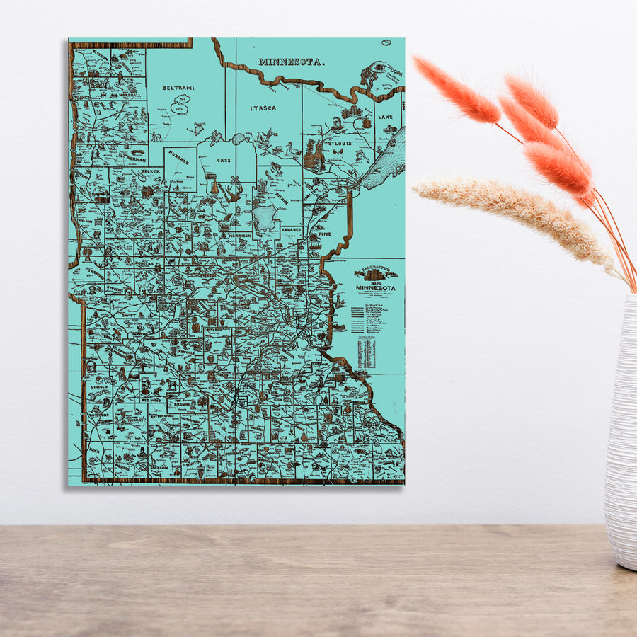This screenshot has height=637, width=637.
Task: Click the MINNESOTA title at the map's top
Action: tap(292, 62)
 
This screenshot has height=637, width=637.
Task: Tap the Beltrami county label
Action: tap(178, 88)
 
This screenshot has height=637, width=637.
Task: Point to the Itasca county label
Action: tap(263, 108)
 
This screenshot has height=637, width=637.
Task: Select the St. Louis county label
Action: tap(340, 144)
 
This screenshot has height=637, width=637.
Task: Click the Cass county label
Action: tap(224, 161)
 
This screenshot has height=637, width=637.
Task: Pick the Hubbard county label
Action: tap(179, 160)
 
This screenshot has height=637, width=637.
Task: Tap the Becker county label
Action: tap(151, 171)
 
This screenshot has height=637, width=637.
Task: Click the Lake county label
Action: tap(385, 117)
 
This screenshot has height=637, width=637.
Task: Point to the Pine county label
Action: tap(324, 233)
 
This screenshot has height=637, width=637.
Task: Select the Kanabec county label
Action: tap(291, 229)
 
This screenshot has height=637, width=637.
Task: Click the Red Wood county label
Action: tap(155, 400)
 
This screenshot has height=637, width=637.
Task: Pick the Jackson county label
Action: tap(159, 467)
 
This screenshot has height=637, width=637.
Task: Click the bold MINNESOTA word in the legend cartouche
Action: tap(376, 288)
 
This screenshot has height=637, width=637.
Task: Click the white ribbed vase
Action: tap(621, 432)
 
